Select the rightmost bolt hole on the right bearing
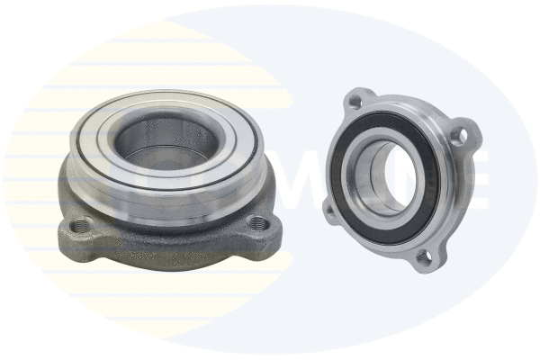tap(459, 137)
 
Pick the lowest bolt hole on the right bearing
tap(422, 260)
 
